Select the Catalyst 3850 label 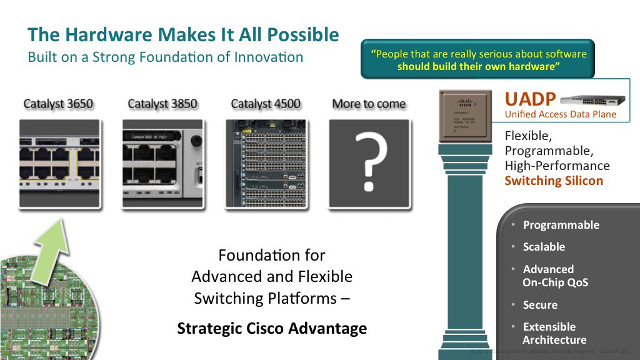tap(162, 104)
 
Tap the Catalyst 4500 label tap(266, 104)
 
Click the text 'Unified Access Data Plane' tap(560, 114)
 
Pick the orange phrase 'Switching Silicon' tap(554, 181)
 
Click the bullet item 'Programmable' tap(561, 225)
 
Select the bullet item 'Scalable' tap(544, 247)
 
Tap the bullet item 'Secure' tap(540, 305)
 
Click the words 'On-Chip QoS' tap(555, 282)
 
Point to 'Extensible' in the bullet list tap(549, 327)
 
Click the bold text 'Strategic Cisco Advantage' tap(272, 328)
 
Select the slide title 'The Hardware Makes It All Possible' tap(183, 34)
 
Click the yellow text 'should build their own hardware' tap(477, 67)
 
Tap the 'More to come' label tap(369, 104)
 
